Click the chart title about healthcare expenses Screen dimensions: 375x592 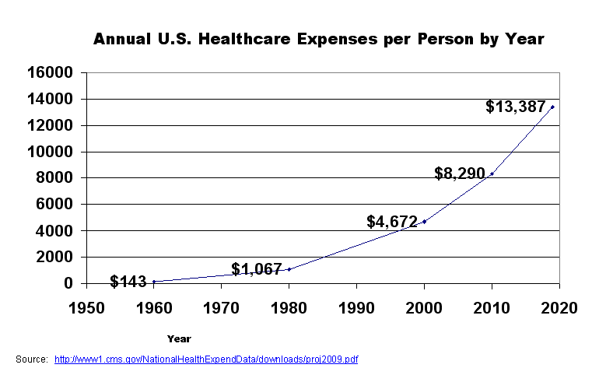tap(318, 39)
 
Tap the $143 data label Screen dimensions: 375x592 tap(128, 282)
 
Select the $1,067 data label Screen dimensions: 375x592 tap(257, 270)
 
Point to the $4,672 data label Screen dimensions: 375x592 tap(392, 222)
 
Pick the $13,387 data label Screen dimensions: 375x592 tap(516, 107)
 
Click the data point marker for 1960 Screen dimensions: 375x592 tap(154, 281)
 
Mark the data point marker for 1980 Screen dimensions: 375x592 tap(289, 269)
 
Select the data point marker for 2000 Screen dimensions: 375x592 tap(424, 222)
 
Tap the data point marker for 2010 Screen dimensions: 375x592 tap(492, 173)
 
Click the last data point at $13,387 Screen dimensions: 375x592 tap(552, 107)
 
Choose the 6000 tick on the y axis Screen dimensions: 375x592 tap(55, 205)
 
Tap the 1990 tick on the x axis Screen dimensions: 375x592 tap(356, 307)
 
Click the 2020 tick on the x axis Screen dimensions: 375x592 tap(559, 307)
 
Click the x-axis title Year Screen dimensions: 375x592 tap(178, 338)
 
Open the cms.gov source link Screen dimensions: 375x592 tap(206, 359)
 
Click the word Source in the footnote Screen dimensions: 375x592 tap(31, 359)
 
